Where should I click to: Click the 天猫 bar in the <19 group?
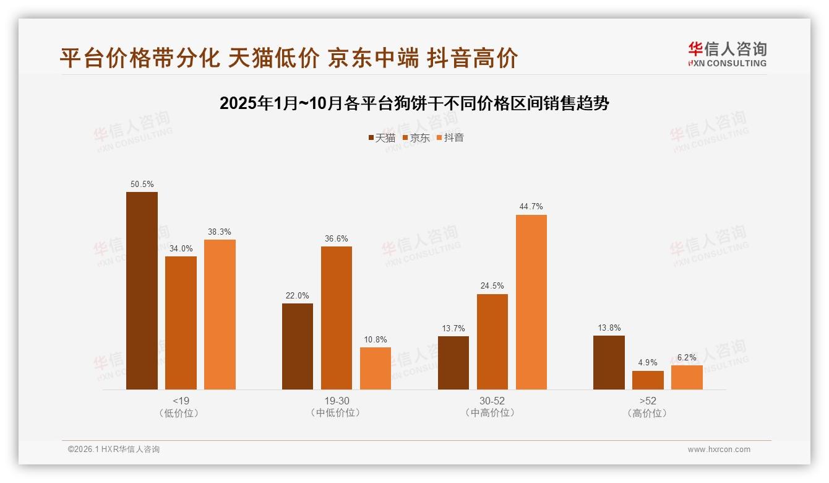click(x=142, y=290)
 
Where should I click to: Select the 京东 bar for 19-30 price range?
click(x=336, y=318)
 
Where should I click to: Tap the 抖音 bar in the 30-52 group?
click(x=531, y=302)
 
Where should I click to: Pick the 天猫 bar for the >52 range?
click(x=609, y=362)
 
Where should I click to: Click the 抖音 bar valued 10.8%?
click(x=376, y=368)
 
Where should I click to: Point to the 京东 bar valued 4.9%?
click(x=648, y=380)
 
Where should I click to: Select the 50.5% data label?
click(x=142, y=184)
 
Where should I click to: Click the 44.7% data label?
click(x=531, y=207)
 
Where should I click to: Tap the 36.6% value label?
click(x=336, y=238)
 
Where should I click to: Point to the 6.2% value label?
click(x=687, y=357)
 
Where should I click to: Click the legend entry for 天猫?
click(x=382, y=137)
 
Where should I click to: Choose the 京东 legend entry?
click(x=416, y=137)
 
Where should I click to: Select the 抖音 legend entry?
click(x=450, y=137)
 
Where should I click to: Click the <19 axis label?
click(x=181, y=401)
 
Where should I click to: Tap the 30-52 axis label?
click(x=492, y=401)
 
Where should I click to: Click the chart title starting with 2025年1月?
click(x=414, y=103)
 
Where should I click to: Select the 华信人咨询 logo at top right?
click(x=727, y=54)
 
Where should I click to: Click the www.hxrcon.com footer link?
click(x=719, y=450)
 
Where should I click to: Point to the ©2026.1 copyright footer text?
click(x=114, y=450)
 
